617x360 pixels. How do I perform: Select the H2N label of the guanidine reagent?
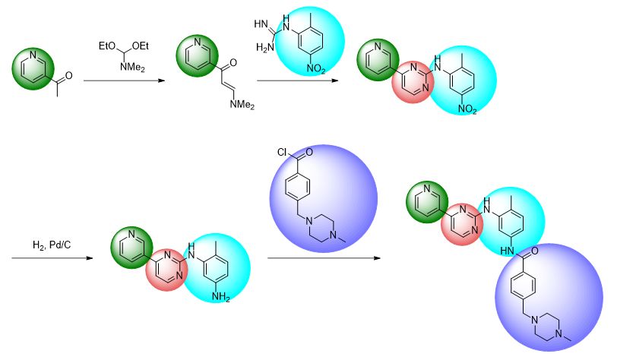(x=265, y=48)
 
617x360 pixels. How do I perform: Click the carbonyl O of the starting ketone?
(x=68, y=76)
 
